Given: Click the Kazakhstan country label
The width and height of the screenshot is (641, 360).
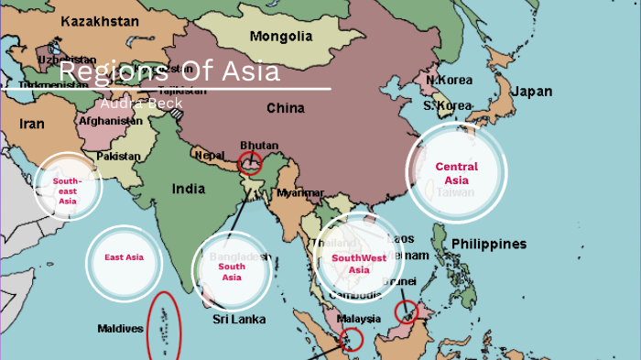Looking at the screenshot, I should pos(101,19).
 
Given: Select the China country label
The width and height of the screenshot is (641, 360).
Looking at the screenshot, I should pos(285,108).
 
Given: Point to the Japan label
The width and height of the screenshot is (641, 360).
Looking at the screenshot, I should pos(531,92).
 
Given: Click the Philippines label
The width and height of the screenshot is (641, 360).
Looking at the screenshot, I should pos(489,244).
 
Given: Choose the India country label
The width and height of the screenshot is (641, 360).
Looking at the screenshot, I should pos(189,190).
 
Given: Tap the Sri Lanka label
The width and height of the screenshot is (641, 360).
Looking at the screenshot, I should pos(239,320).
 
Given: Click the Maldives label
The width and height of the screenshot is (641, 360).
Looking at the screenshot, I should pos(120,328).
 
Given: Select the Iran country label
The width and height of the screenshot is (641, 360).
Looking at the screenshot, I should pos(32,124).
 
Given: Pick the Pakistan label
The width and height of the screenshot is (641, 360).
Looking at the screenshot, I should pos(119,157).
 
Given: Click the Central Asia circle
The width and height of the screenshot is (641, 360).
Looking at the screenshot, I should pos(456,173).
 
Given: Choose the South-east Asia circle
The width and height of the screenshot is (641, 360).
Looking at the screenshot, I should pos(67,188).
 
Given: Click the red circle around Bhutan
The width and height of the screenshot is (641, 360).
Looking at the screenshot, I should pos(249,163).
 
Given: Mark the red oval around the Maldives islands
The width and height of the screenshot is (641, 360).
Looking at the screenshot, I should pos(164,326).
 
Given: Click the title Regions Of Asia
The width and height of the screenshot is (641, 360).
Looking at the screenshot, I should pos(169,72).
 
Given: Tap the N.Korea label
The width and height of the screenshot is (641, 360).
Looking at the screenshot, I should pos(449,81).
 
